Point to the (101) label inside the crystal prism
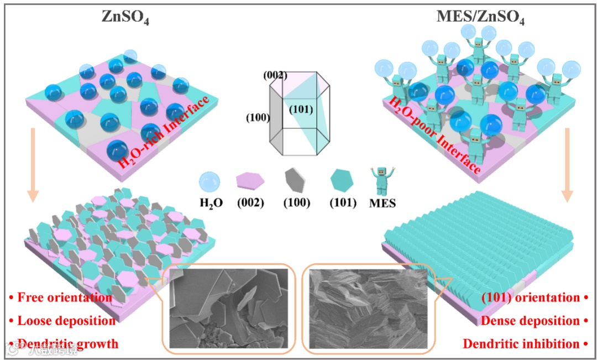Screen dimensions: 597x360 pos(301,109)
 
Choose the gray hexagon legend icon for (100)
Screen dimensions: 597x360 pos(297,181)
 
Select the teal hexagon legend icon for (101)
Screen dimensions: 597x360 pos(342,181)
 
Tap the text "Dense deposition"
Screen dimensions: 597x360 pos(532,321)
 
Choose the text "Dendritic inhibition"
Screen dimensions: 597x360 pos(524,344)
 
